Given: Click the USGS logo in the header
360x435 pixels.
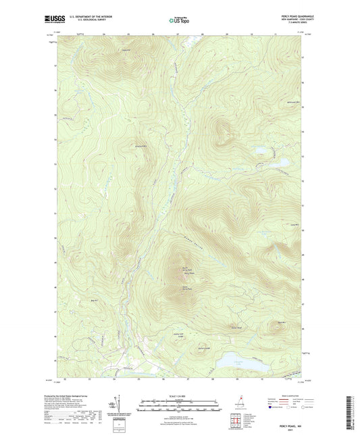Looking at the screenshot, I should (53, 20).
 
